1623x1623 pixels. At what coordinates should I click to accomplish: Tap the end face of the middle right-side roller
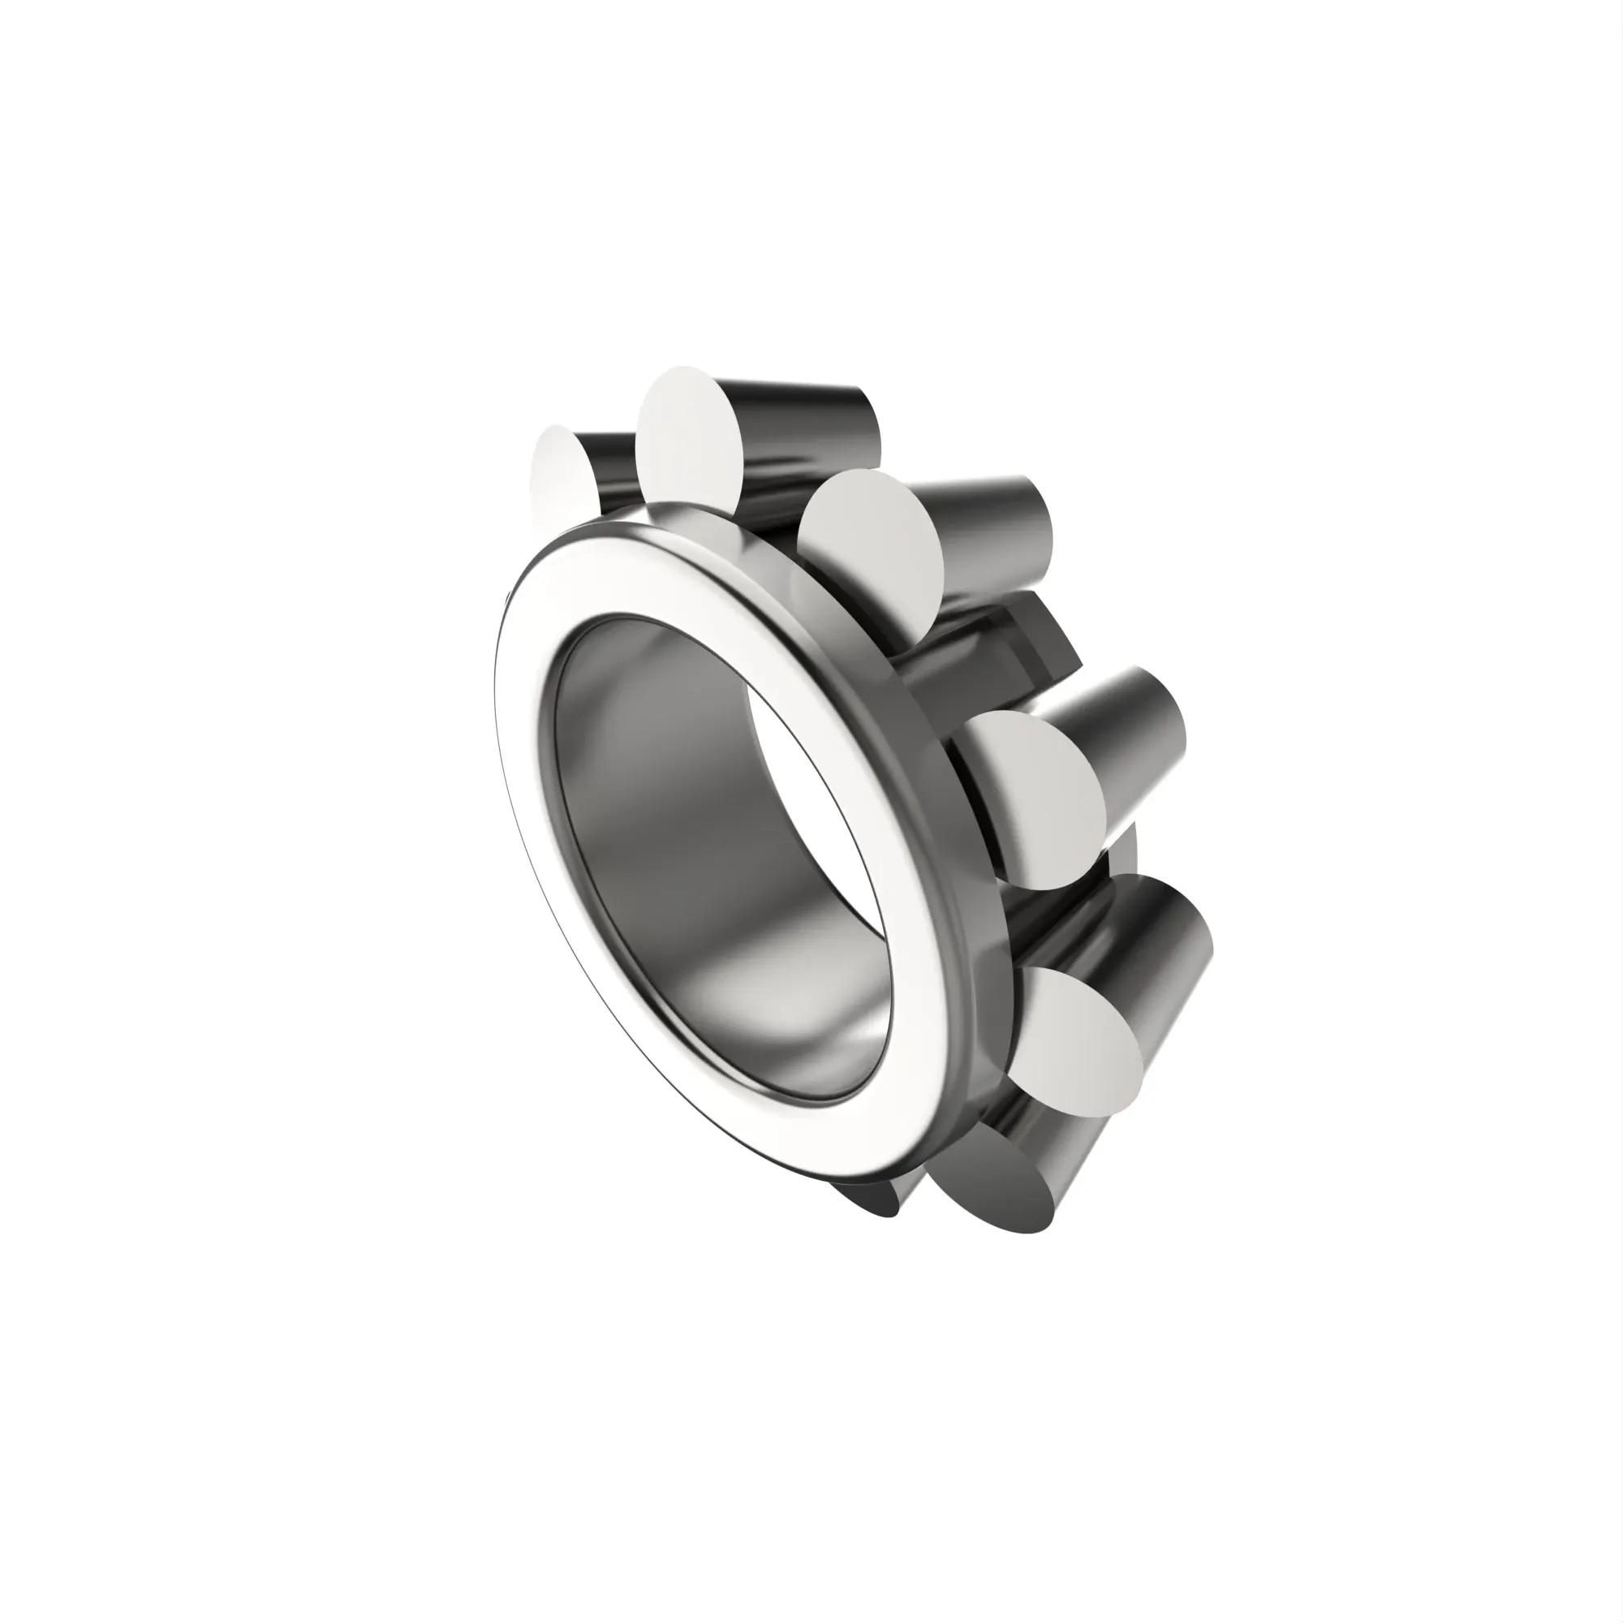tap(1037, 798)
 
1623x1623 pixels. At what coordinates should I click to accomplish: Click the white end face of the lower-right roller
tap(1083, 1042)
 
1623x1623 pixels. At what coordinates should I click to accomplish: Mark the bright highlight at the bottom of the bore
tap(739, 992)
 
